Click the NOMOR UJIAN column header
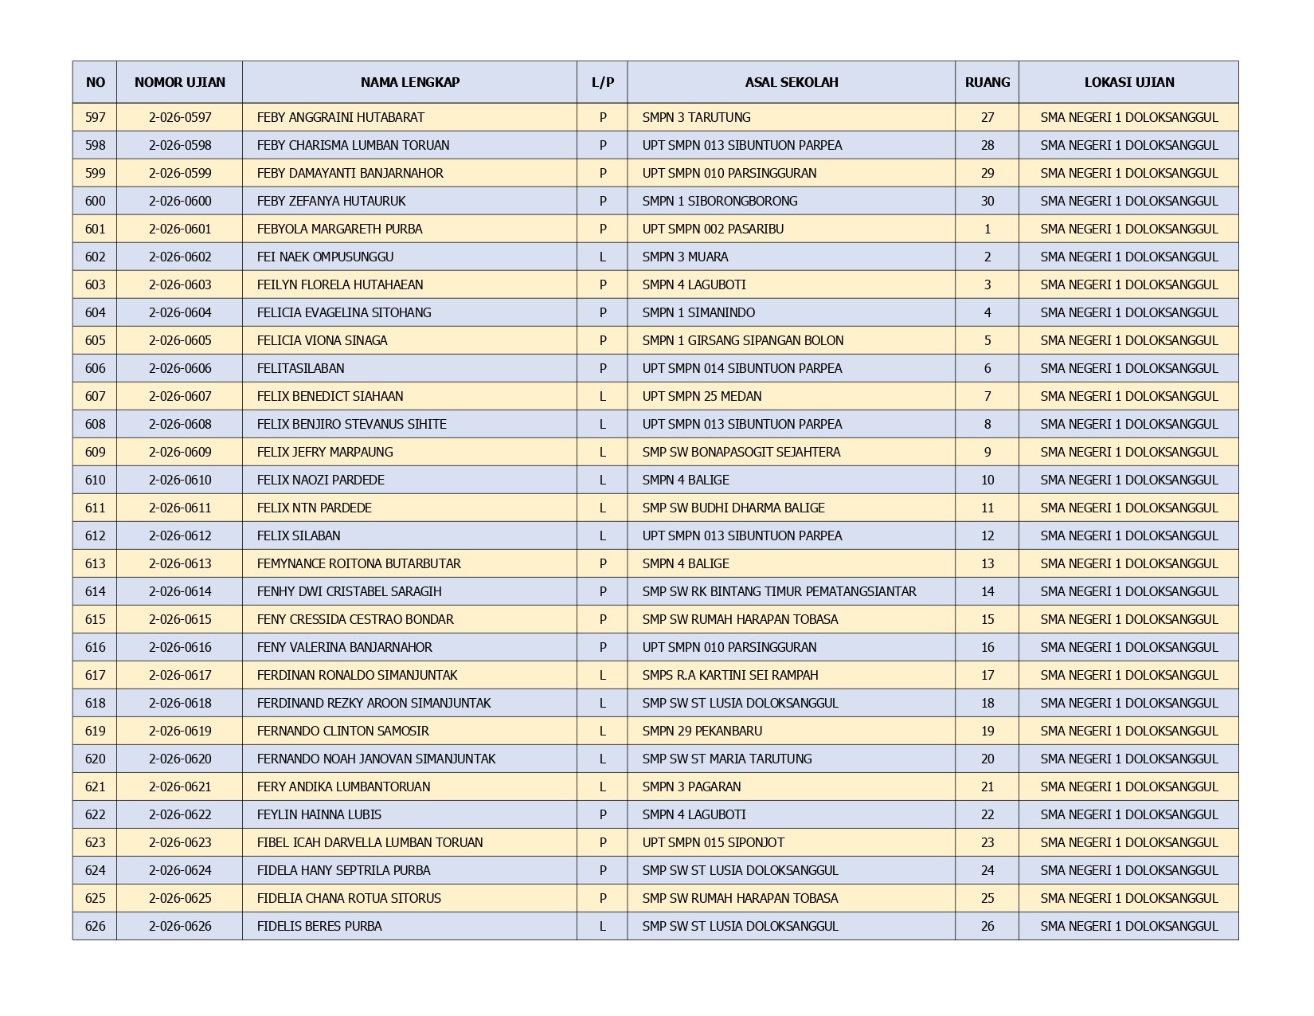[x=180, y=82]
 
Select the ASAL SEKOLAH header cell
[x=791, y=82]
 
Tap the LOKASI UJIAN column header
[x=1128, y=82]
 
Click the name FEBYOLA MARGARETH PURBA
[x=339, y=229]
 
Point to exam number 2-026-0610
[x=180, y=480]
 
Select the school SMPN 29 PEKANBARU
[x=702, y=731]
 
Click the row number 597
[x=95, y=117]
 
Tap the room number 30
[x=987, y=201]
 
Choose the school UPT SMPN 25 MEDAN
[x=702, y=396]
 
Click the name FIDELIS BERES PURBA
[x=319, y=926]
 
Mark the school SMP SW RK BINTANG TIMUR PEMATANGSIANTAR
[x=779, y=591]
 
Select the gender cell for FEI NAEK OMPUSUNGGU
[x=602, y=257]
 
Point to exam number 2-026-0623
[x=180, y=842]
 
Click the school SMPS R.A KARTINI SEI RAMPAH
[x=729, y=675]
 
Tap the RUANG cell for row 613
[x=987, y=563]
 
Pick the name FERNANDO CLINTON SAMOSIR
[x=342, y=731]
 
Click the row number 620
[x=95, y=759]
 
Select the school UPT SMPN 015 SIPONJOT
[x=713, y=842]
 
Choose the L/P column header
[x=602, y=82]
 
